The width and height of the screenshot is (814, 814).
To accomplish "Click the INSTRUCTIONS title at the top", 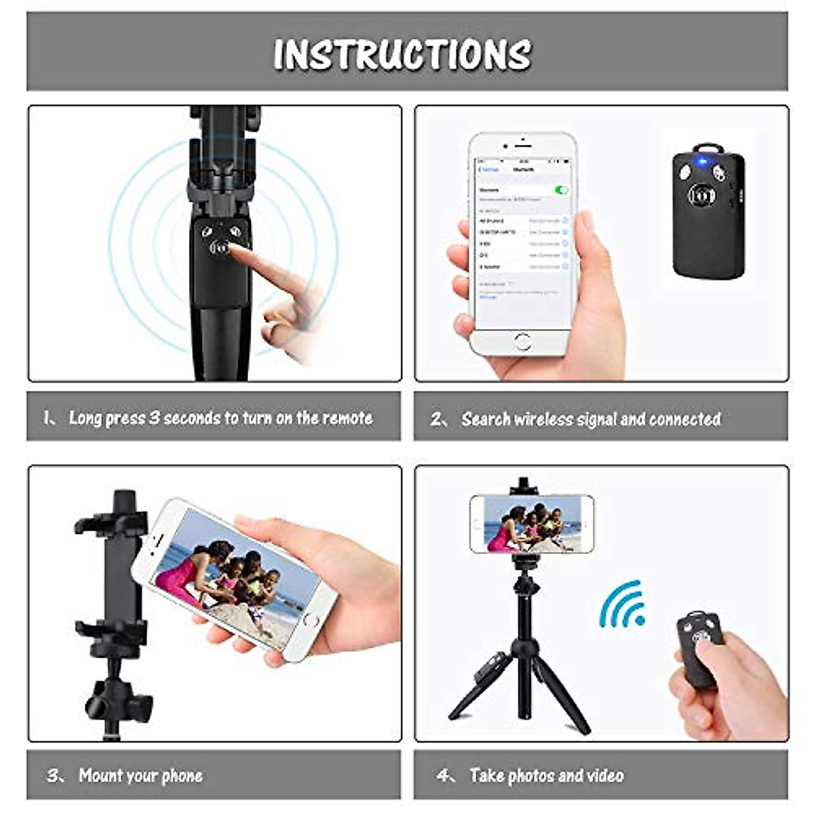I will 402,54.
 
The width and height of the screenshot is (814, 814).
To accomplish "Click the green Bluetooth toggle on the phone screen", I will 560,190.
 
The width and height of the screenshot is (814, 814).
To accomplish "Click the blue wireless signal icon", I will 623,605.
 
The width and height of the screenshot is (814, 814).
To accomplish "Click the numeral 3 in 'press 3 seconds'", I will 154,418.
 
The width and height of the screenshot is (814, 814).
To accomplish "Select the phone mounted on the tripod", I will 531,524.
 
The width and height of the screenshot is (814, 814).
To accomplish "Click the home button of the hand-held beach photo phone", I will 310,619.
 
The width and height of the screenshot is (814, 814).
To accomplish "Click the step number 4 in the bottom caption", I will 444,775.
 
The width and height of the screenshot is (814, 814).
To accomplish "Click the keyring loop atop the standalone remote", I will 707,148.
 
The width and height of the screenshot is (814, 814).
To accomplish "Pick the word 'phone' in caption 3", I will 181,775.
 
